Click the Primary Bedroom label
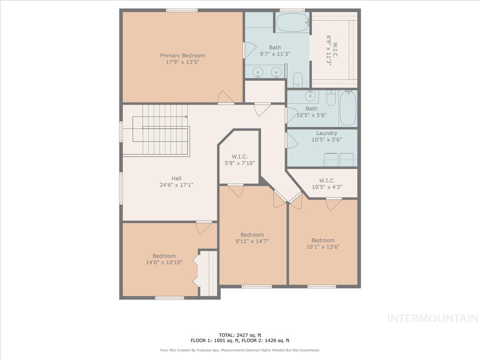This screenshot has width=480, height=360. tap(182, 56)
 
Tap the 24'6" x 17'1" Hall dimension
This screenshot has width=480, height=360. tap(176, 185)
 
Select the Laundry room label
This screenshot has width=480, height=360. tap(326, 133)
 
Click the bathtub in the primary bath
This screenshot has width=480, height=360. tap(292, 22)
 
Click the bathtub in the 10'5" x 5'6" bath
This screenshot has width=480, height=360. tap(348, 108)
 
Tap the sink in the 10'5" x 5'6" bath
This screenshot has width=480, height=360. tap(310, 96)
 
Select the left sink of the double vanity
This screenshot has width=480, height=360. tap(258, 73)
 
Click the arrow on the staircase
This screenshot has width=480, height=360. tap(185, 117)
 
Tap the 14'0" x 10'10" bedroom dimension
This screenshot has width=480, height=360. tap(164, 262)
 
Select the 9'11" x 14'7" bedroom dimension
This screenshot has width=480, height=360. tap(252, 241)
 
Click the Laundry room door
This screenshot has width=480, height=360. tap(291, 140)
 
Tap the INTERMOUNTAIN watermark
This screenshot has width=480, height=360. tap(433, 318)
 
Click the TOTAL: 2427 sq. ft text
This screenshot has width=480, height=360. tap(240, 335)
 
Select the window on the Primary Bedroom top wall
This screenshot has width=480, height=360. tap(182, 10)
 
